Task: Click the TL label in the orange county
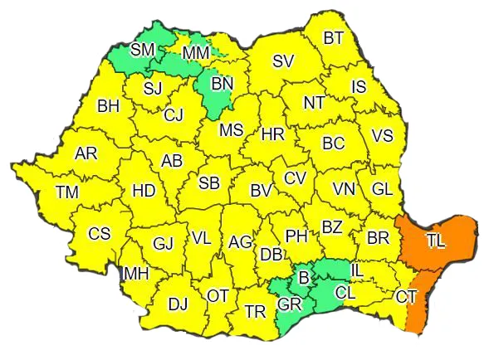coord(435,241)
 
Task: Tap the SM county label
coord(143,50)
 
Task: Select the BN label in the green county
coord(223,84)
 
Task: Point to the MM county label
coord(196,54)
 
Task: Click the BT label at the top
coord(334,37)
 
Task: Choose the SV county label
coord(283,61)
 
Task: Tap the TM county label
coord(67,192)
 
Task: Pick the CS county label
coord(99,233)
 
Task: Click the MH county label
coord(136,274)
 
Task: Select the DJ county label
coord(178,304)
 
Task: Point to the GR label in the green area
coord(289,304)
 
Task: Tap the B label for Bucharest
coord(304,275)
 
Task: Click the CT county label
coord(406,296)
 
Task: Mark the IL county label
coord(357,270)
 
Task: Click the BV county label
coord(261,191)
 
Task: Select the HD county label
coord(144,191)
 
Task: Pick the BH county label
coord(109,106)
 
